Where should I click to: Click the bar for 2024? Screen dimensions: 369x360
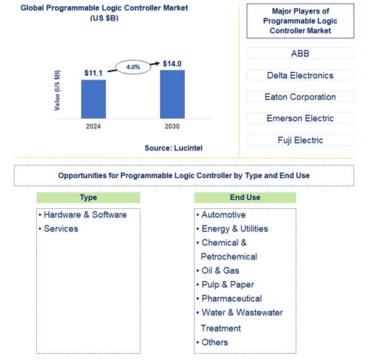(x=93, y=98)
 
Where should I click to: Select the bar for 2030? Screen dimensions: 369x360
(x=172, y=93)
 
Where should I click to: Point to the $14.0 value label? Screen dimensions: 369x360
(x=172, y=63)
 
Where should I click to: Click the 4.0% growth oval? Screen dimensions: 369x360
(x=133, y=67)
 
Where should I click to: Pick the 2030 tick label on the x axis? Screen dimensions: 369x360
(x=172, y=126)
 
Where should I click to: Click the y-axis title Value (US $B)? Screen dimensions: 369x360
(x=58, y=90)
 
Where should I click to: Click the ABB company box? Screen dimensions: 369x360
(x=300, y=54)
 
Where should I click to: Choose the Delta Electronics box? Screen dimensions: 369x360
(x=300, y=75)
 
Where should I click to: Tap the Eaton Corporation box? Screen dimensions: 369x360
(x=300, y=97)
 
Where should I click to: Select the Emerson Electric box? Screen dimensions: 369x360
(x=300, y=118)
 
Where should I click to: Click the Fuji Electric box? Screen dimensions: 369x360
(x=300, y=140)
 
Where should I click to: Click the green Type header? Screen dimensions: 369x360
(x=88, y=198)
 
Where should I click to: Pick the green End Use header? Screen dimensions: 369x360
(x=245, y=198)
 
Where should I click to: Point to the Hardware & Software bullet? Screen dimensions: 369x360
(x=85, y=215)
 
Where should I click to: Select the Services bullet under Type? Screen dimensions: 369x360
(x=61, y=228)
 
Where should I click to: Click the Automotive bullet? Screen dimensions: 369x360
(x=229, y=215)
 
